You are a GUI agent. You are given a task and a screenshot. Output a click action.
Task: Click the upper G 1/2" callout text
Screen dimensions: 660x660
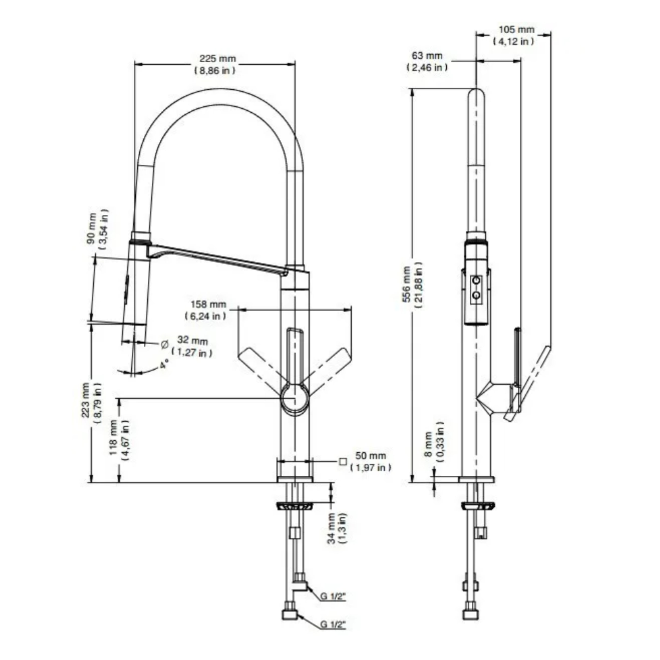[333, 596]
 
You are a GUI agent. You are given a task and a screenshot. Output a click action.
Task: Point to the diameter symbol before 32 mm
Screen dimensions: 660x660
[164, 344]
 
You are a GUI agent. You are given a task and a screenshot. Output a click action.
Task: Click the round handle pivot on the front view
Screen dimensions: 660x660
[295, 399]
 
